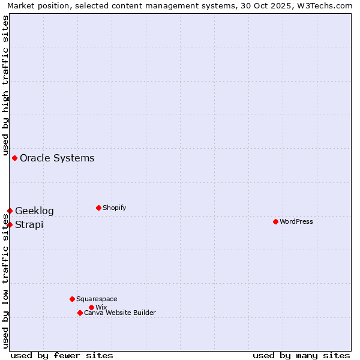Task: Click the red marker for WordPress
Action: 275,221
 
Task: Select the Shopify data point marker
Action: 98,208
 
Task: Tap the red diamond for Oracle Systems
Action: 14,158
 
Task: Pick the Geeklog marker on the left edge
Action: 10,211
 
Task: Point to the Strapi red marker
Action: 10,224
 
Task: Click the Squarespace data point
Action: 72,299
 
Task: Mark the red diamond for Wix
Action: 91,307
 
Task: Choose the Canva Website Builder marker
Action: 80,313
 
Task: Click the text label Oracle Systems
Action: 57,158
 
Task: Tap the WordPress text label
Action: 296,221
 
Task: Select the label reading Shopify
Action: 115,208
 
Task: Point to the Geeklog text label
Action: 34,211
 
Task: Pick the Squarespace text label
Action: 97,299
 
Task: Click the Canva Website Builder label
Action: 120,313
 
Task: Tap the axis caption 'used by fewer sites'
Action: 62,355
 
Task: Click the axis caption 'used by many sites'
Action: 301,355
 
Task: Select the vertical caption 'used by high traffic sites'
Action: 5,84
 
